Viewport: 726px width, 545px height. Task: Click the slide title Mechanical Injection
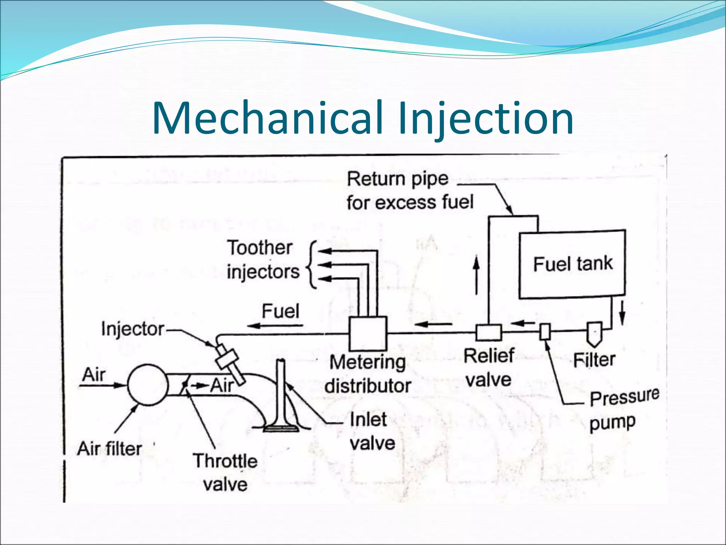click(x=363, y=118)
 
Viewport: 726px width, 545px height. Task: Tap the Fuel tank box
click(x=572, y=264)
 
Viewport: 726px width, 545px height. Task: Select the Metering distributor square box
click(x=368, y=333)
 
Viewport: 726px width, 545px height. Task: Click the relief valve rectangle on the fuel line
click(x=489, y=332)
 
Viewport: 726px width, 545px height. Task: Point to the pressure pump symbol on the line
click(x=545, y=332)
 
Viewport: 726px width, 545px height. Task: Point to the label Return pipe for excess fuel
click(x=410, y=191)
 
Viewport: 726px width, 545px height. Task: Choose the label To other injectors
click(x=263, y=260)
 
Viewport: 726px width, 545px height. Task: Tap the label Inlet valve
click(x=372, y=431)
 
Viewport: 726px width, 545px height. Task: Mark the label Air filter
click(x=110, y=448)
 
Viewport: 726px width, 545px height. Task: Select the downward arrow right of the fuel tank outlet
click(x=622, y=313)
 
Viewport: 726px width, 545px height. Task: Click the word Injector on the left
click(x=133, y=329)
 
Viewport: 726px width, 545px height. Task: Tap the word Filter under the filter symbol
click(x=594, y=360)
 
